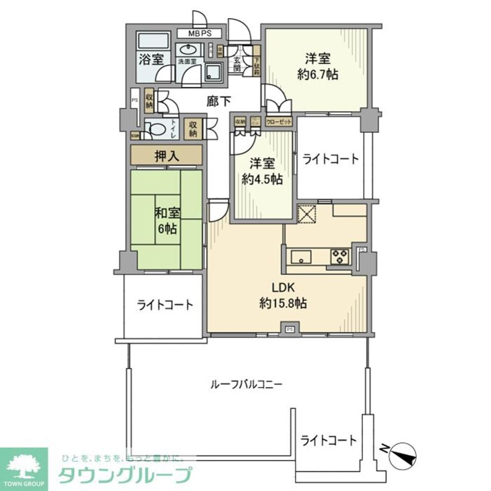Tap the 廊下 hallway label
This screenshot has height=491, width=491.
pyautogui.click(x=218, y=101)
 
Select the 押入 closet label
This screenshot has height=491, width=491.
pyautogui.click(x=166, y=156)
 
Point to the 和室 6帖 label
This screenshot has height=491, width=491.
pyautogui.click(x=168, y=220)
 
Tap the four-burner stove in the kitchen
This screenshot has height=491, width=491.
pyautogui.click(x=339, y=256)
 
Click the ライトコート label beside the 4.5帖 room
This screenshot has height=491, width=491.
pyautogui.click(x=330, y=159)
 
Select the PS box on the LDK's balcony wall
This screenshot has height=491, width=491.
pyautogui.click(x=290, y=329)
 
